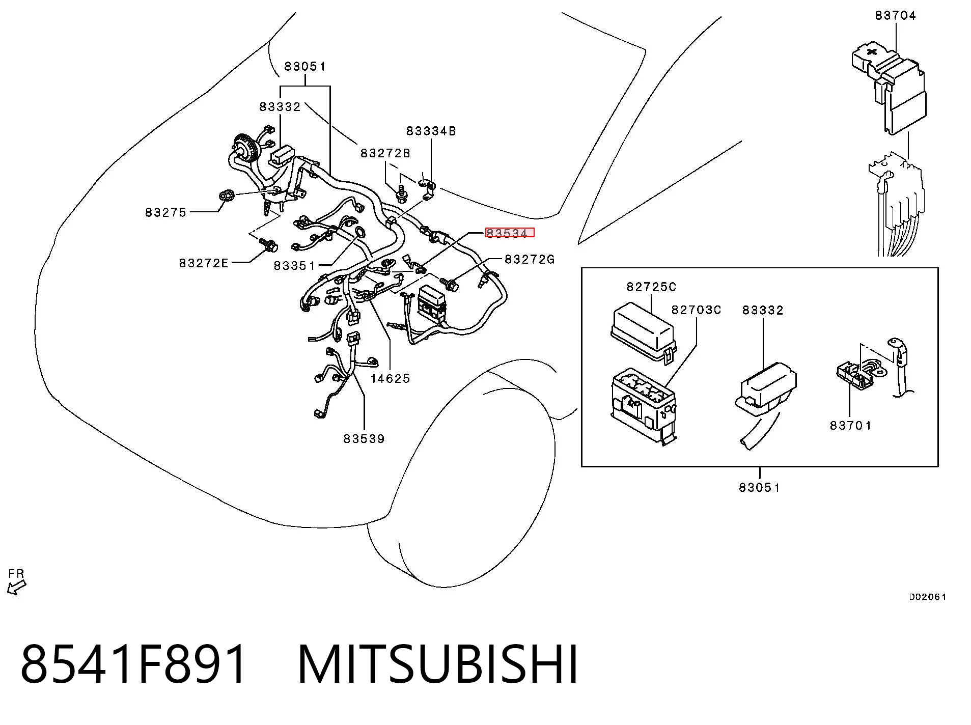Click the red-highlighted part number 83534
(510, 233)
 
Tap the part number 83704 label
(896, 16)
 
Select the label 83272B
(385, 153)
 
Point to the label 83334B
(431, 131)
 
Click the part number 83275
(166, 212)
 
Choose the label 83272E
(204, 263)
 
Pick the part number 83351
(295, 265)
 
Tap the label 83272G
(530, 259)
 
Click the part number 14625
(390, 378)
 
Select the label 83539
(364, 438)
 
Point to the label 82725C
(651, 287)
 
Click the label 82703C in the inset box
(696, 310)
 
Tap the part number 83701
(850, 425)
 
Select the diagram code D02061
(928, 597)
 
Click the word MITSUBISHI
(438, 665)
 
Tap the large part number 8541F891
(133, 665)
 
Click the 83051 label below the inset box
(759, 487)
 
